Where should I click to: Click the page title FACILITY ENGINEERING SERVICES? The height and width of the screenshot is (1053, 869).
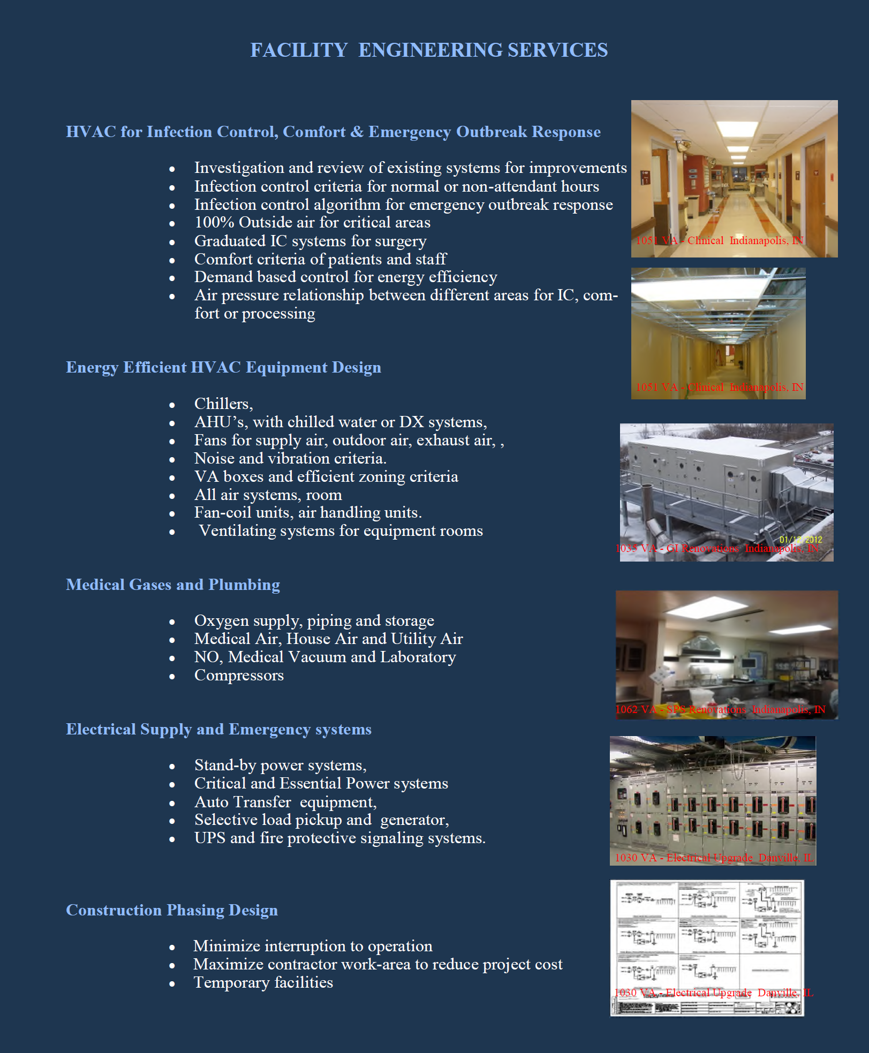(x=429, y=50)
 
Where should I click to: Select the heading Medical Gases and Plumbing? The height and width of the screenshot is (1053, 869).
(x=173, y=585)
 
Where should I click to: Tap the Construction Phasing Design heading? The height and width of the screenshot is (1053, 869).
(x=172, y=910)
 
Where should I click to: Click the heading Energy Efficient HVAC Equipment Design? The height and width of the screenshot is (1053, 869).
(x=223, y=367)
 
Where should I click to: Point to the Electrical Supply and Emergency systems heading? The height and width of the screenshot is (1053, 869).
(x=218, y=729)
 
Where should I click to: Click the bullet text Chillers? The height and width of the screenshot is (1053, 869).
(x=223, y=404)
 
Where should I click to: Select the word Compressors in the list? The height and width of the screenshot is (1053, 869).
(x=239, y=675)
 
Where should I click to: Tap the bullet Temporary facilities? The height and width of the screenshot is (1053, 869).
(x=263, y=982)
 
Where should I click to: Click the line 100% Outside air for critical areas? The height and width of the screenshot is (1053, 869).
(x=312, y=222)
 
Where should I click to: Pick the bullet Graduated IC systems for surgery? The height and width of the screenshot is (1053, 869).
(x=310, y=241)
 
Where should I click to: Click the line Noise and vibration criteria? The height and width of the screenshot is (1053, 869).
(x=290, y=458)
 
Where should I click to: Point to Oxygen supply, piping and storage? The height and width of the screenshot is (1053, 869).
(x=314, y=620)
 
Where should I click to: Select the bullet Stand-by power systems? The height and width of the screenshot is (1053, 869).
(x=280, y=766)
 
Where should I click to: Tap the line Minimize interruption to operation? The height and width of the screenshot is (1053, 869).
(x=313, y=946)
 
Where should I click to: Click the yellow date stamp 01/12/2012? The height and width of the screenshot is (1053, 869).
(x=800, y=540)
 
